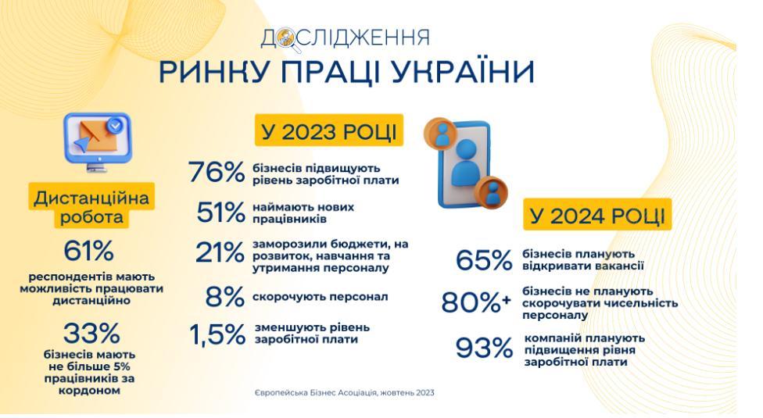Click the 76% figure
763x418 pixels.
[217, 172]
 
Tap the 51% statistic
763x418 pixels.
[221, 212]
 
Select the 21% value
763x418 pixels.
[220, 252]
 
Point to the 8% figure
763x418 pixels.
[225, 296]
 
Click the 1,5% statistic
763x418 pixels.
[217, 334]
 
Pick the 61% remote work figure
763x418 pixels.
[88, 251]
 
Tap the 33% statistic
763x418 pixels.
[91, 333]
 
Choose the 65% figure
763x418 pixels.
[484, 260]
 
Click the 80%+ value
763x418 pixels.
[476, 302]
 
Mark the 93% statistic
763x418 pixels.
[484, 348]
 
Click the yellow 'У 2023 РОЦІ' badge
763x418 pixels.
[329, 130]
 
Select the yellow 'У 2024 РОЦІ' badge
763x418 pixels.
[597, 214]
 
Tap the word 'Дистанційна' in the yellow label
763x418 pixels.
[91, 198]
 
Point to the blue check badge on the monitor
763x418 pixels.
[116, 126]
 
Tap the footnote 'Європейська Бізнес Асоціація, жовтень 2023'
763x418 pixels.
[345, 393]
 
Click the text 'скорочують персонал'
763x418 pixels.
[321, 296]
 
